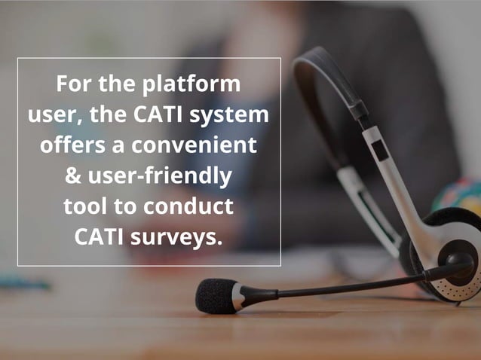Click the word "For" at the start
[73, 84]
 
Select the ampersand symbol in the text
[74, 177]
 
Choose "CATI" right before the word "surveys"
[100, 237]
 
